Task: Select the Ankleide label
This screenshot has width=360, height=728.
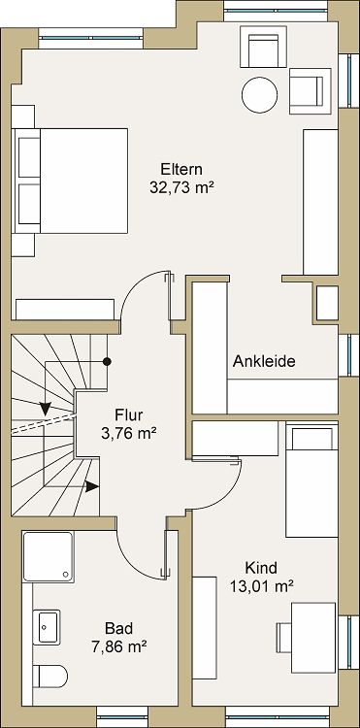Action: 264,361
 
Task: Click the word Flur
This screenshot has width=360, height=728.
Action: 129,414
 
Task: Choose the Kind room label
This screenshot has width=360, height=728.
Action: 262,568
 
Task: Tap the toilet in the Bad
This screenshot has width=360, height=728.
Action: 49,677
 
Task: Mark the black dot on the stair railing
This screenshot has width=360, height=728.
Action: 108,361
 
